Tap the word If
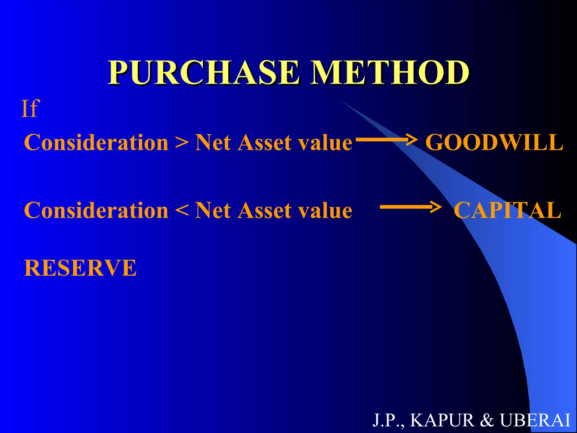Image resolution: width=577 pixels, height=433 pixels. tap(30, 109)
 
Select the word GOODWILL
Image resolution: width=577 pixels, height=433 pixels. tap(494, 143)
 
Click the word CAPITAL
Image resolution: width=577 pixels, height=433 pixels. tap(507, 211)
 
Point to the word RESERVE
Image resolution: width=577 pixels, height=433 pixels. tap(80, 268)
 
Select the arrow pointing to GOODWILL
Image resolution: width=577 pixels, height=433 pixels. tap(386, 139)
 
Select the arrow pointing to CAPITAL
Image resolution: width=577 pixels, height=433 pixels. tap(410, 207)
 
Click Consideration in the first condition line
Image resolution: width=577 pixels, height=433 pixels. tap(96, 143)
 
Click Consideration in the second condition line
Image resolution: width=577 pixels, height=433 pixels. tap(96, 211)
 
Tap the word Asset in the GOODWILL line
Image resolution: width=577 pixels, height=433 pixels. tap(264, 143)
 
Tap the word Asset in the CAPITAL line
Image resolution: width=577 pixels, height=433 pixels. tap(264, 211)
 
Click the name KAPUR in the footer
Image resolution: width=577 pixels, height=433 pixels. tap(442, 420)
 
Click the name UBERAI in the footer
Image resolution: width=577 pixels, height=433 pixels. tap(535, 420)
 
